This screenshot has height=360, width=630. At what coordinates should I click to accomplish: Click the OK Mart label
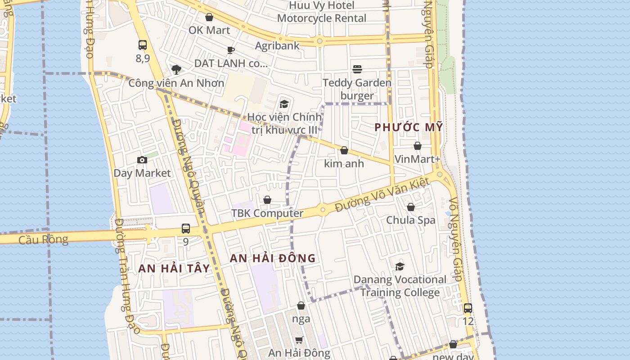(209, 30)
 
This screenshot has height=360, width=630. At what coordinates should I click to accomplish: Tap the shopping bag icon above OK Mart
(209, 17)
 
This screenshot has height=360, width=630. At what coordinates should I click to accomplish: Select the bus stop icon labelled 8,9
(143, 45)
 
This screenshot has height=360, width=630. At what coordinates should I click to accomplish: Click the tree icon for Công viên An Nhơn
(176, 69)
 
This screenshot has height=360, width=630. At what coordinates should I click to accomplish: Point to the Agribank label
(277, 45)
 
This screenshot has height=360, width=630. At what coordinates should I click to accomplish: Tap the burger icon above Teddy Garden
(357, 69)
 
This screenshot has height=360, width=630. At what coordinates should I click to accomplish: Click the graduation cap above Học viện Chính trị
(284, 104)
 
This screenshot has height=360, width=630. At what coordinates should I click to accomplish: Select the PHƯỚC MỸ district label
(409, 127)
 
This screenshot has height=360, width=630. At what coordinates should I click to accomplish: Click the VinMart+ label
(417, 159)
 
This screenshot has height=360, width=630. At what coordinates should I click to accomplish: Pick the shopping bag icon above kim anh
(344, 150)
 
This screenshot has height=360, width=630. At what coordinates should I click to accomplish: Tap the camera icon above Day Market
(142, 160)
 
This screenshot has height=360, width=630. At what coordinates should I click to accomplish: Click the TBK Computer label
(267, 213)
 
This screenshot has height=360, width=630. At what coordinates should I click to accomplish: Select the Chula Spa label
(411, 220)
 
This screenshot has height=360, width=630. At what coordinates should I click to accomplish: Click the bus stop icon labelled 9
(186, 229)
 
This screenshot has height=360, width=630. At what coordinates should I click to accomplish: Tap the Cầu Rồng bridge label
(43, 239)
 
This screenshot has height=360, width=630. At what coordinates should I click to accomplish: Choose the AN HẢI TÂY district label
(174, 269)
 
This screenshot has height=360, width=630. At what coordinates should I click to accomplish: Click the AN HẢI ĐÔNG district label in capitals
(273, 258)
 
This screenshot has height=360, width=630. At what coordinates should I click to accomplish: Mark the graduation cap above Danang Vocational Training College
(400, 266)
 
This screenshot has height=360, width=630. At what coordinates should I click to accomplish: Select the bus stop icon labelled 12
(468, 308)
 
